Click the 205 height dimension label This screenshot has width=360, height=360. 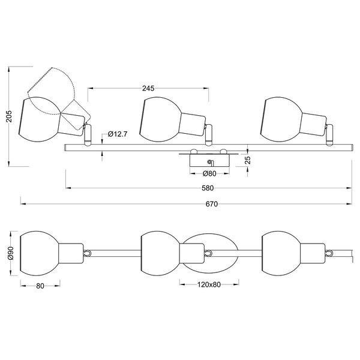7,116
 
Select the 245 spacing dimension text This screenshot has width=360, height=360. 148,88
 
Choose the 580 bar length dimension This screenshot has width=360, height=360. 208,188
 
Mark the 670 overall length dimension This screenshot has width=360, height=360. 211,204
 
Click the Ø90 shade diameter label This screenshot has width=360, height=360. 8,253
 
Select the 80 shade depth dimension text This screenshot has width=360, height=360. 40,286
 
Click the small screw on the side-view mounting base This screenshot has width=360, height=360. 209,161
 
